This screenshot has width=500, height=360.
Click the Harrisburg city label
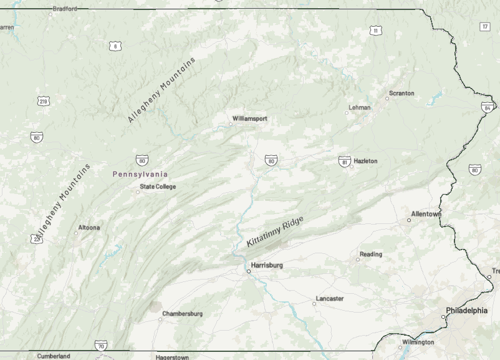coord(267,265)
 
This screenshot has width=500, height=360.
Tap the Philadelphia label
coord(466,310)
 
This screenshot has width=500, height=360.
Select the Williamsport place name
coord(249,118)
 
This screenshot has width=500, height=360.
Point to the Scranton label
coord(401,94)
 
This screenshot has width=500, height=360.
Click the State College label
coord(158,187)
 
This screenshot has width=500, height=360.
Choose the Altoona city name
coord(89,228)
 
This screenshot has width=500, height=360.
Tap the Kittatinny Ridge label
coord(275,231)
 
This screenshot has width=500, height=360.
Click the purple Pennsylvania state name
coord(140,174)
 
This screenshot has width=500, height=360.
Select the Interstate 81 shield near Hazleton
coord(344,162)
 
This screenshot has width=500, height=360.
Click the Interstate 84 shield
coord(487,107)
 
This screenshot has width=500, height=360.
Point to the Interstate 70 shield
coord(101,346)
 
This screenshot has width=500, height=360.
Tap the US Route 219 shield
coord(43,101)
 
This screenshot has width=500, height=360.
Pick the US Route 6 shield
coord(113,46)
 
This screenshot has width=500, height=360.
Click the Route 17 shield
coord(484,26)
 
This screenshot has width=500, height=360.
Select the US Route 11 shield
coord(375,31)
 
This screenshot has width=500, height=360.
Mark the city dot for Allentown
coord(409,220)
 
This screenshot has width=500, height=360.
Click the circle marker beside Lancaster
coord(314,304)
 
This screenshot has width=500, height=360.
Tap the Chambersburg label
coord(182,314)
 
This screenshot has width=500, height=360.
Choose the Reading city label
coord(371,255)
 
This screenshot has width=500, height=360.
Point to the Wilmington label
coord(418,343)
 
